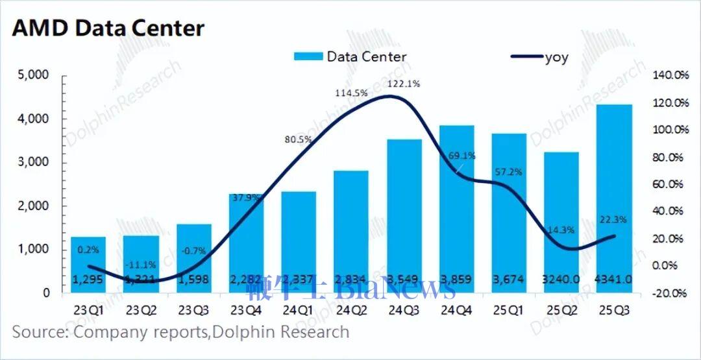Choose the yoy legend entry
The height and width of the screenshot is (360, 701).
click(539, 57)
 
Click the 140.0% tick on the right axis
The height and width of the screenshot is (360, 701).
click(670, 76)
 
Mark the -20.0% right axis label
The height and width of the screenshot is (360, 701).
click(670, 293)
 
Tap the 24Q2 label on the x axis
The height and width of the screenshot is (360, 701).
click(351, 309)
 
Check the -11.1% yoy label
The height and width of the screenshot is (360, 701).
click(140, 265)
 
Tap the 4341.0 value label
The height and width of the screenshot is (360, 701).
click(614, 279)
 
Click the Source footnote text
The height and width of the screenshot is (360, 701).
click(180, 333)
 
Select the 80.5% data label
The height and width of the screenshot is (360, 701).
click(298, 139)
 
